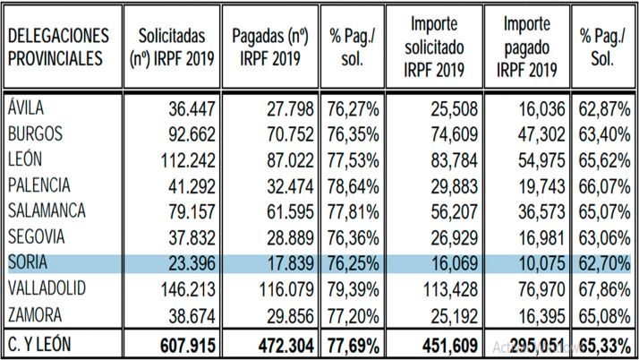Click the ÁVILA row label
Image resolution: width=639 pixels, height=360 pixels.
pos(26,109)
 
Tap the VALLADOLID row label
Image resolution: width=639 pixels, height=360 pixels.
pos(47,289)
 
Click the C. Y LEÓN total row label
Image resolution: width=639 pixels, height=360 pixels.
pos(43,344)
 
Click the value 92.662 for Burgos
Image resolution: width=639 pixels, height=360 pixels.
pos(190,135)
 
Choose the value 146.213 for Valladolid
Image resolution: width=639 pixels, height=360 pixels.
pos(185,289)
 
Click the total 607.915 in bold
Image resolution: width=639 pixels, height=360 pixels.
pos(185,344)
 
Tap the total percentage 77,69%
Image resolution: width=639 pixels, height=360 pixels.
pos(352,344)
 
